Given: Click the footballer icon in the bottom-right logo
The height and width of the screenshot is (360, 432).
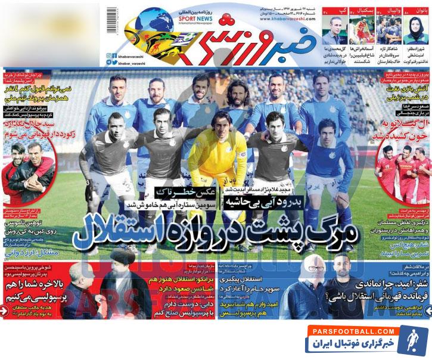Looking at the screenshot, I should coord(412,338).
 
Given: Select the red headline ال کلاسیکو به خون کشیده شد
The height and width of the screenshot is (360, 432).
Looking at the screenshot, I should coord(403,127).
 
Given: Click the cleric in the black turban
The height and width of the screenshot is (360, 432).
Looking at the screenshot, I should coord(126,280).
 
